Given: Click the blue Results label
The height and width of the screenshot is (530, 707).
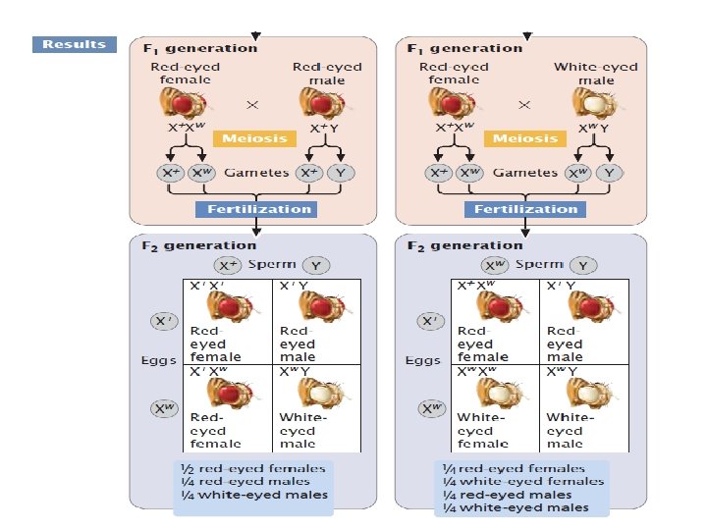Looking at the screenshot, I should point(74,44).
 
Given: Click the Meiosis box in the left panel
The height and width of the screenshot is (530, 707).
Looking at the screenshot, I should point(254,138).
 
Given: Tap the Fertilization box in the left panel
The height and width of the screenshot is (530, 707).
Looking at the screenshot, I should point(253,209).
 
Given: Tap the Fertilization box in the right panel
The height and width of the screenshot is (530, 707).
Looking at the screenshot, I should point(525,209).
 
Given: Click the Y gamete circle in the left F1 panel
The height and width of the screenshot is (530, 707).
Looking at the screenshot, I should point(340,173).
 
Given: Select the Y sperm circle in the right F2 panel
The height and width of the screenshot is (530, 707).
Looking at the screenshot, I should point(582,265).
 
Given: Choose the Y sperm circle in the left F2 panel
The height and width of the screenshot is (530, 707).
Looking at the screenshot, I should point(316,265).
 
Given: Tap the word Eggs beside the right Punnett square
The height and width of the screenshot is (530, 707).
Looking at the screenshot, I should point(424,360).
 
